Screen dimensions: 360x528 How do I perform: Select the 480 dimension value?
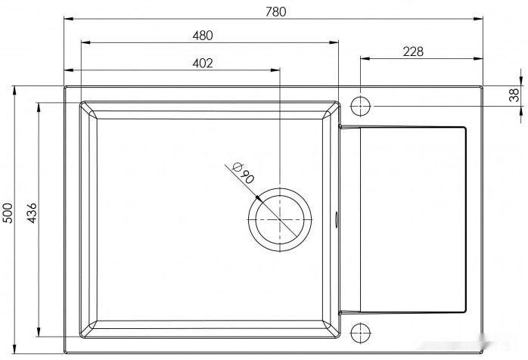(x=203, y=35)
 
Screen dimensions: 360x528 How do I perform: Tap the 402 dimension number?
(x=202, y=63)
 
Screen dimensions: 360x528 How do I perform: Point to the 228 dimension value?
(x=413, y=51)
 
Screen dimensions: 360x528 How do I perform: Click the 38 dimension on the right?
(x=514, y=95)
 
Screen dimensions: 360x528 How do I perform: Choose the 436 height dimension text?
(x=31, y=213)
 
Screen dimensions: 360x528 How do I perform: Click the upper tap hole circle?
(x=360, y=104)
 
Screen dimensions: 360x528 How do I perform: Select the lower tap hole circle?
(x=360, y=331)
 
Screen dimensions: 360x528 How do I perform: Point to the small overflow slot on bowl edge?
(x=338, y=220)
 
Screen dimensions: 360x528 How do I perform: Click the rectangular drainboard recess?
(x=412, y=219)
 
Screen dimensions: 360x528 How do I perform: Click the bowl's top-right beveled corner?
(x=333, y=108)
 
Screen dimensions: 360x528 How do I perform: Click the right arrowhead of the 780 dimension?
(x=480, y=18)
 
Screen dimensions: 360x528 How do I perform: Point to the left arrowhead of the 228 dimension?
(x=362, y=58)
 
